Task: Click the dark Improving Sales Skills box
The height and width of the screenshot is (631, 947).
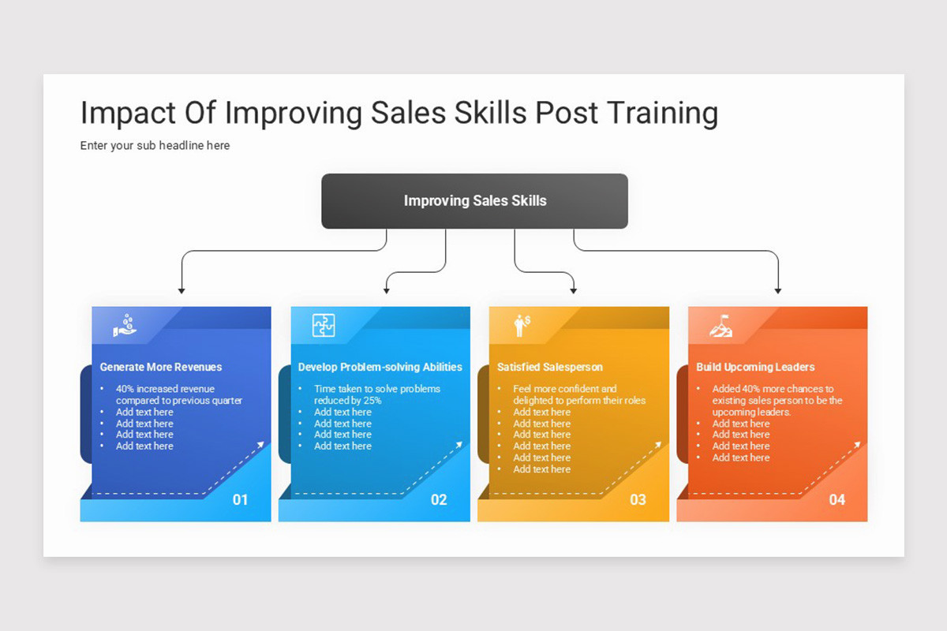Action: [474, 201]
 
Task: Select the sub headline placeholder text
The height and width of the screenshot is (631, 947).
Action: [155, 145]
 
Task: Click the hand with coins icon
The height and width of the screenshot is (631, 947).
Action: [125, 325]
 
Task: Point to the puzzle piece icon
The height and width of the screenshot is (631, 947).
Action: [324, 325]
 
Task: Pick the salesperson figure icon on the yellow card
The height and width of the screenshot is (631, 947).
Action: [522, 325]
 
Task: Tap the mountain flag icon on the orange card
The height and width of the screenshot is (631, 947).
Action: [720, 325]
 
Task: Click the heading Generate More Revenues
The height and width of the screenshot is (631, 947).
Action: [161, 367]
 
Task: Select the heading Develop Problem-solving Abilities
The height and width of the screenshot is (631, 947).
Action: [380, 367]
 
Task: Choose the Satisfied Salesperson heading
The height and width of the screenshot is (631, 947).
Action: [549, 367]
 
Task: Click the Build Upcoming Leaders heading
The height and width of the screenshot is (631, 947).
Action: [755, 367]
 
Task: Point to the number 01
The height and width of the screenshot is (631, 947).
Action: [240, 499]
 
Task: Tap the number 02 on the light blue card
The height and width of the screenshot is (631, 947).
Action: [439, 499]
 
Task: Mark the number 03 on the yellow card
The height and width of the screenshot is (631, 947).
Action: [638, 499]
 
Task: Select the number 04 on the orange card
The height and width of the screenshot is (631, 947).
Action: [837, 499]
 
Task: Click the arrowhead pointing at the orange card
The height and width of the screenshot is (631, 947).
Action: [778, 291]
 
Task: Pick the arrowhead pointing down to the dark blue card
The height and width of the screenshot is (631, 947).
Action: [182, 291]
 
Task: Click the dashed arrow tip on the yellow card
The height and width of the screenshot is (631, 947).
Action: [659, 445]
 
